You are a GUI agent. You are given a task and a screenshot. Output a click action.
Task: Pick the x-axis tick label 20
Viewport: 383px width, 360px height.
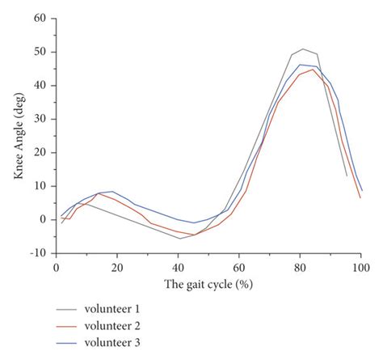tap(117, 267)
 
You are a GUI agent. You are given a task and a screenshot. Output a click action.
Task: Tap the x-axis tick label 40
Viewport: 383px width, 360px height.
tap(178, 267)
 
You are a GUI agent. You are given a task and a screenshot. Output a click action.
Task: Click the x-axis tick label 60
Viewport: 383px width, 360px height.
tap(239, 267)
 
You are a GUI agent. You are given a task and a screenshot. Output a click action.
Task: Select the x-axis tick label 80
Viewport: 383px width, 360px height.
tap(300, 267)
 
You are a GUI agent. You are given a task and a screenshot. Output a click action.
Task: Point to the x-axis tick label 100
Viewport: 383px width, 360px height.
tap(360, 267)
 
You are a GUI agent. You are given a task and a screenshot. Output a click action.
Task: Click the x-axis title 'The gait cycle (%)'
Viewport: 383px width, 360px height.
tap(208, 284)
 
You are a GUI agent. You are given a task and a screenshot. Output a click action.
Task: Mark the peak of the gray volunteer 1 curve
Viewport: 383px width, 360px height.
tap(303, 49)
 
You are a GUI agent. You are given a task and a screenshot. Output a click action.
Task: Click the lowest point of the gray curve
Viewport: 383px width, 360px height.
tap(180, 239)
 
